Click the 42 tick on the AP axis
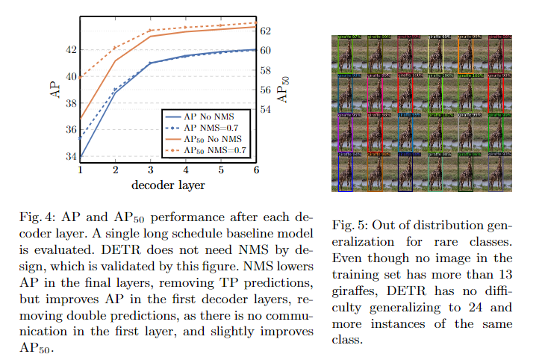(70, 50)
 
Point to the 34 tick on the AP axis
(70, 157)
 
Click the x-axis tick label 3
(150, 170)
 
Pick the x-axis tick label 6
(256, 170)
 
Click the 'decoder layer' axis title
(167, 184)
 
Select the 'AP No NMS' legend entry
(208, 117)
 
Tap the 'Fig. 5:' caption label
(347, 226)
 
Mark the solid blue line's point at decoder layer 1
(80, 157)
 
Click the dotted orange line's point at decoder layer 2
(115, 48)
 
